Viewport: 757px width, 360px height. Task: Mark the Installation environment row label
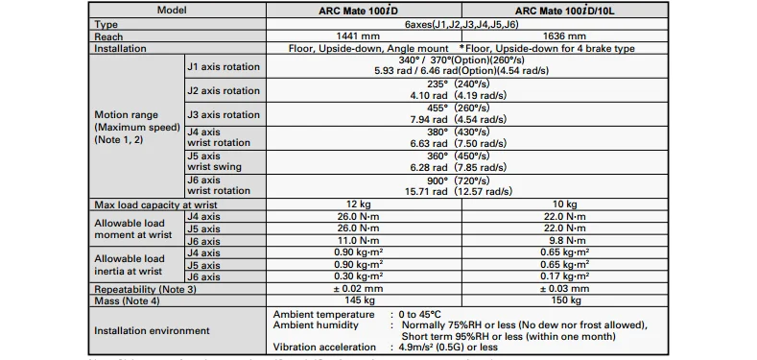click(x=152, y=330)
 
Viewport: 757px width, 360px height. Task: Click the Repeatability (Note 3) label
click(x=145, y=288)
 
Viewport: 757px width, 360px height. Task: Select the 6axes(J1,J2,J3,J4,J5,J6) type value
click(x=466, y=25)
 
